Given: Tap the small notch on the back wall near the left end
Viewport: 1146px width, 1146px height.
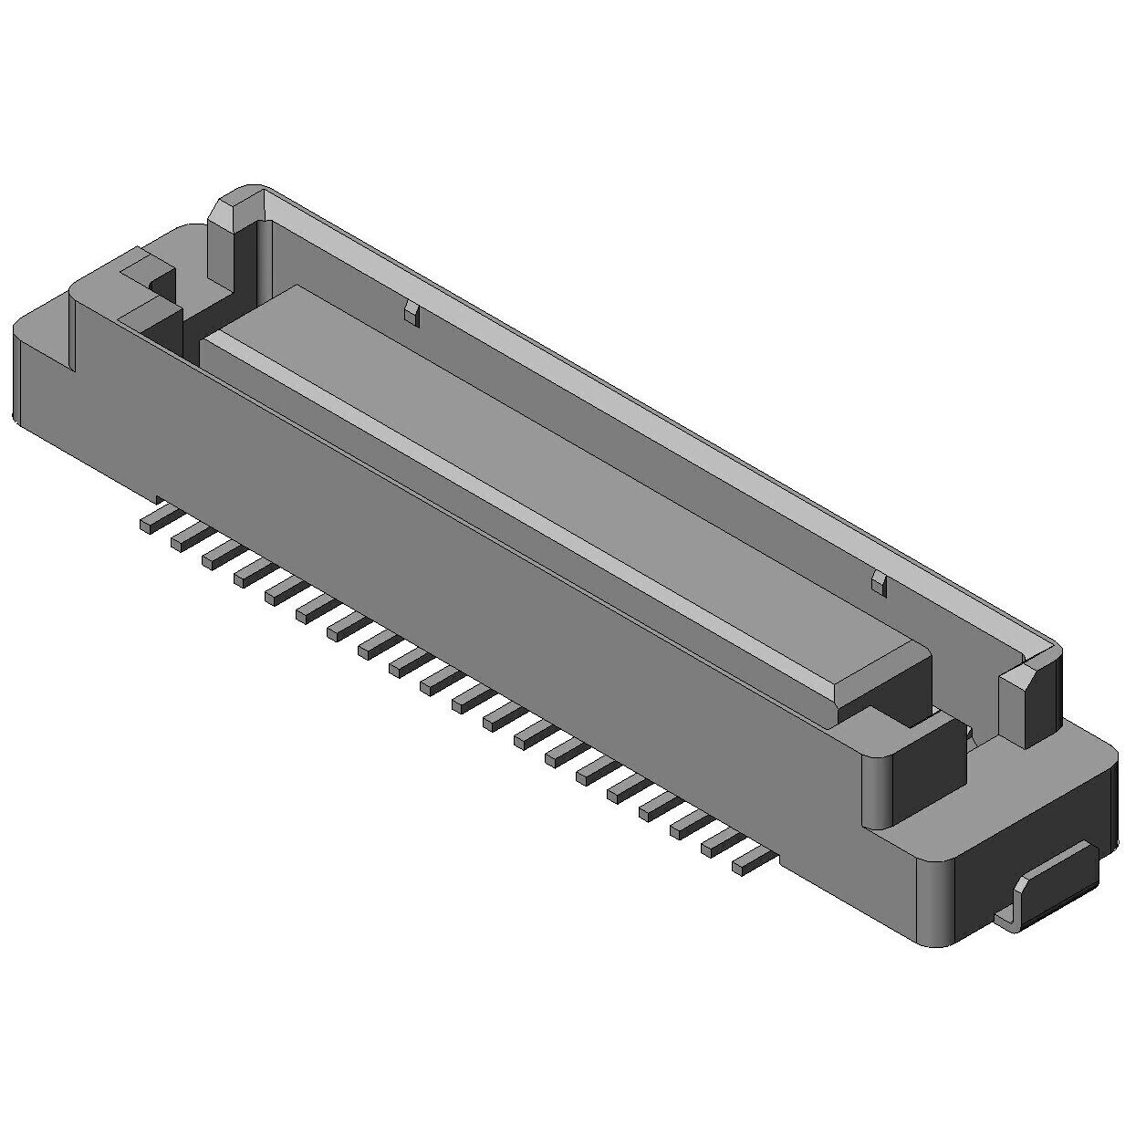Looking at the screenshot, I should (412, 315).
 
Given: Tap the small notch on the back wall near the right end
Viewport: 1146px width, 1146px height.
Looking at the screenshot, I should (878, 583).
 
